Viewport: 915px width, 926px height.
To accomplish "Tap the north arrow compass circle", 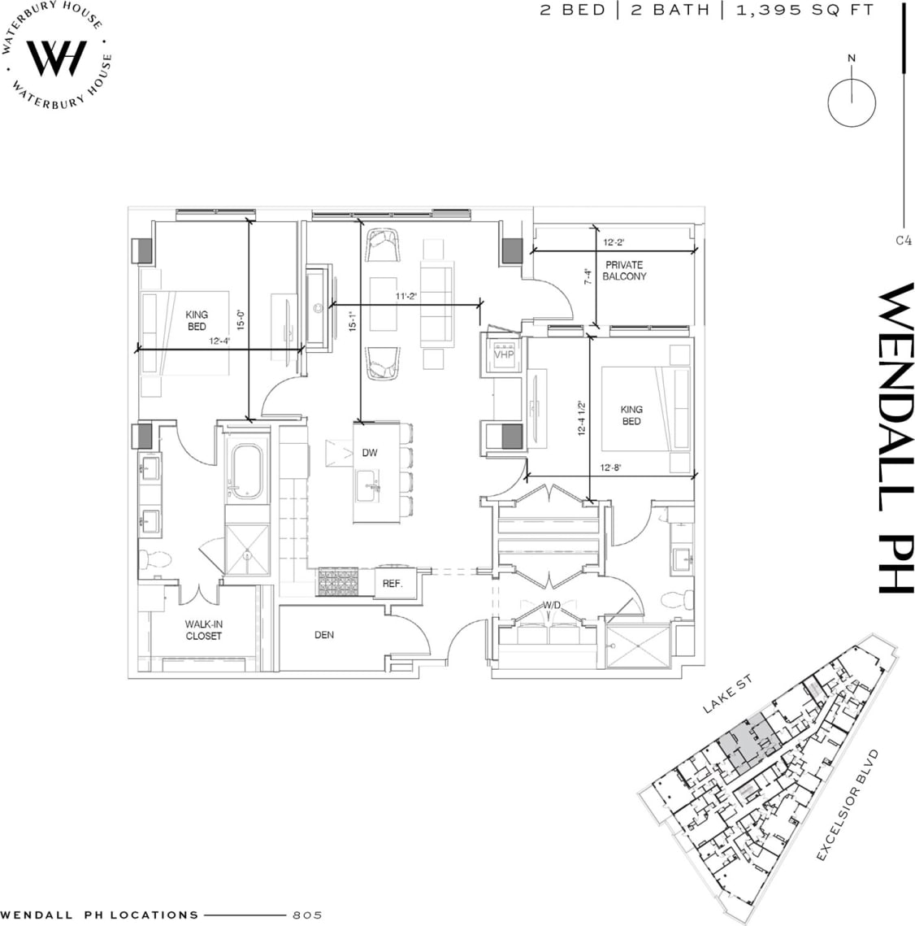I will click(852, 102).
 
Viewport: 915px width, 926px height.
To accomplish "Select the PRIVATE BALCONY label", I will click(624, 271).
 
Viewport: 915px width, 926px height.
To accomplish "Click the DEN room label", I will click(324, 635).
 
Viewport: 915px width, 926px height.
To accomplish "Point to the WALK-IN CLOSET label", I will click(203, 630).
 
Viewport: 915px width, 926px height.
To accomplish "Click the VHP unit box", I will click(504, 354).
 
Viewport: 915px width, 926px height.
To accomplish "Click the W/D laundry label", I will click(553, 604).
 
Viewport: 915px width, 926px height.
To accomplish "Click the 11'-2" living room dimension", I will click(405, 298).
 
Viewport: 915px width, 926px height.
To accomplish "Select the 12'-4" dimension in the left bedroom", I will click(219, 342).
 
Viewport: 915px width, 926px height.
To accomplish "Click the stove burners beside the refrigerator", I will click(337, 582).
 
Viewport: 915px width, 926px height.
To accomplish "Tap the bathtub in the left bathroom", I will click(246, 472).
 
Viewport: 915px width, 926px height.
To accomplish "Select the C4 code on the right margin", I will click(903, 240).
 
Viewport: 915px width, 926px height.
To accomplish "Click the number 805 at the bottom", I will click(307, 915).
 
